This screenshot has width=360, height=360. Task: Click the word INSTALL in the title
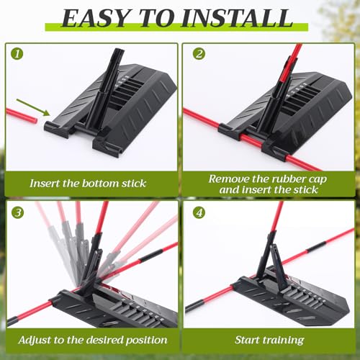pos(237,18)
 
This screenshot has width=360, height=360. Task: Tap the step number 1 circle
pos(17,54)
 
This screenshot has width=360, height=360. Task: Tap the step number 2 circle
pos(199,54)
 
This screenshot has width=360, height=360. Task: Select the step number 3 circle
pos(18,212)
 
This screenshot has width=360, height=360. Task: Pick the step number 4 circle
pos(199,212)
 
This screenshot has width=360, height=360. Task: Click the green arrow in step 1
pos(33,107)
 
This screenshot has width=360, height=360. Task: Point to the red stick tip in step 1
pos(36,120)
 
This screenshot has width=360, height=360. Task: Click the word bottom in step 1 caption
pos(100,184)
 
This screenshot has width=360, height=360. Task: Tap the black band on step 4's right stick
pos(317,247)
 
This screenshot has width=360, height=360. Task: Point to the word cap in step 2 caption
pos(318,179)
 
